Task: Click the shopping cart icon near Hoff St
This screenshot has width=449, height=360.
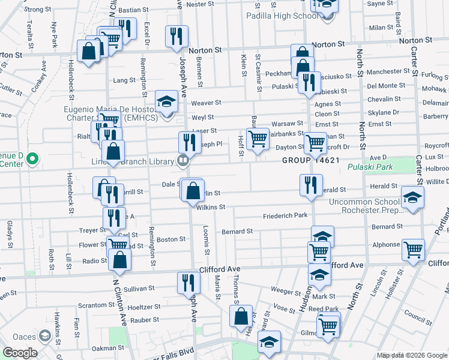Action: pyautogui.click(x=258, y=139)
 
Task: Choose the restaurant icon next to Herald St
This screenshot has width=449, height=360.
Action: pyautogui.click(x=311, y=185)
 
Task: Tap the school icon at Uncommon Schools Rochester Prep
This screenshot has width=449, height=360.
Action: pyautogui.click(x=412, y=199)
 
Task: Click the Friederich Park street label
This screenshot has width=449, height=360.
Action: pyautogui.click(x=285, y=215)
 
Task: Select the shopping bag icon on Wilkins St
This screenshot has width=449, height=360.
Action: pyautogui.click(x=193, y=192)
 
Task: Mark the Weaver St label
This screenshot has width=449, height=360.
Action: pyautogui.click(x=206, y=103)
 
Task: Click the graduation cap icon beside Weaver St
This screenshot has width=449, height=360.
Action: pyautogui.click(x=166, y=101)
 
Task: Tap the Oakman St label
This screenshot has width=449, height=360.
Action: pyautogui.click(x=107, y=347)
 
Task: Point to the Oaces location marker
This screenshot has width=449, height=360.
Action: pyautogui.click(x=44, y=335)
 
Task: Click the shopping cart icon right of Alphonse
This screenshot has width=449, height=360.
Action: pyautogui.click(x=414, y=251)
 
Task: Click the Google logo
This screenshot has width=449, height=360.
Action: pyautogui.click(x=20, y=353)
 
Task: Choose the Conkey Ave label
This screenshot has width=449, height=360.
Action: pyautogui.click(x=43, y=73)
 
